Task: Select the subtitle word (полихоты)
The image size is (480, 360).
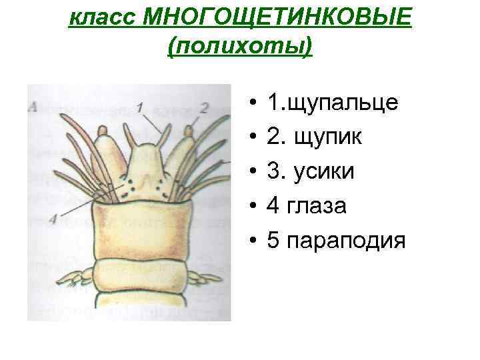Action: (x=241, y=47)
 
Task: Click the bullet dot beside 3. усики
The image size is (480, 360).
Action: (x=255, y=172)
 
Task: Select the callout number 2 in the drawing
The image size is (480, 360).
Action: (x=204, y=107)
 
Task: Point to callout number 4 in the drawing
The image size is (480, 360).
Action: (x=52, y=216)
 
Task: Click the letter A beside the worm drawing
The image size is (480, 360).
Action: (x=33, y=105)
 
